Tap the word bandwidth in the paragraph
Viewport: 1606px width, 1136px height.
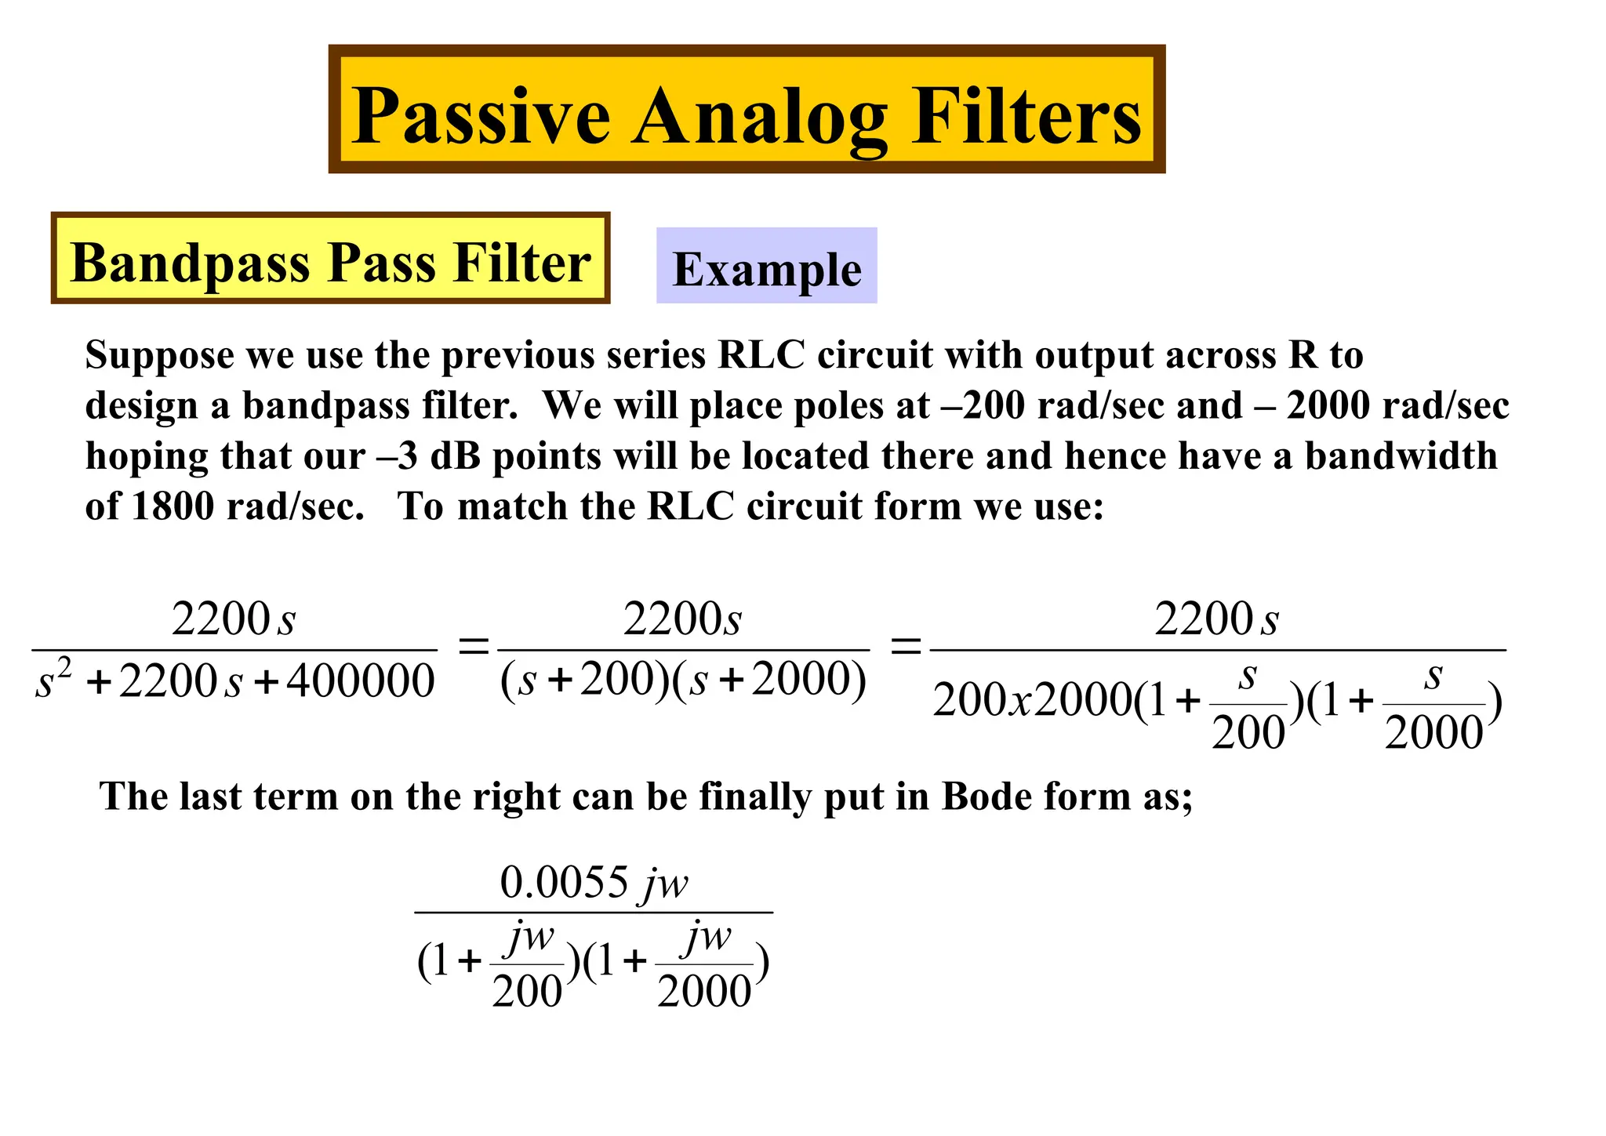(1401, 456)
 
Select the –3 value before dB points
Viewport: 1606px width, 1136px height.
(397, 456)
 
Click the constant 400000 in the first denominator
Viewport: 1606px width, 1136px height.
(360, 681)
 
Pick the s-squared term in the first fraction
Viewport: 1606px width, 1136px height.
(53, 679)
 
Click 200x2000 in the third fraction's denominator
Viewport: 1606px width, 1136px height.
(1032, 699)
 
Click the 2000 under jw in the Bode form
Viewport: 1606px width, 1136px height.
(704, 991)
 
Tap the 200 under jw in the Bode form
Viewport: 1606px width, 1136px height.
(527, 991)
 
